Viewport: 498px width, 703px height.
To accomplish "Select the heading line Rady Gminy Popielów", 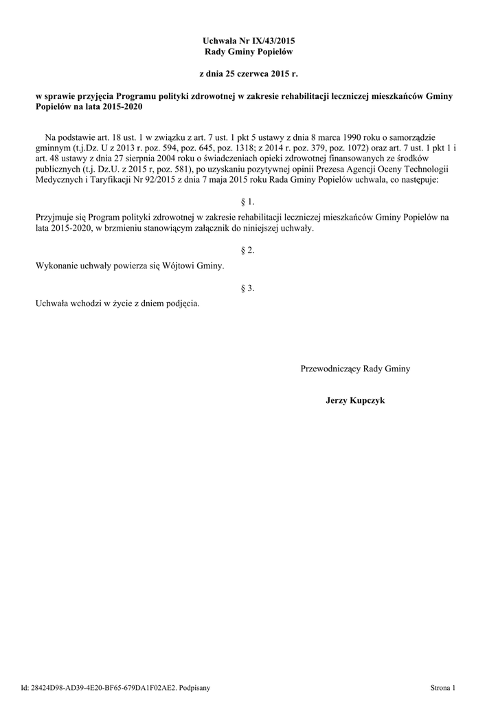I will [x=249, y=52].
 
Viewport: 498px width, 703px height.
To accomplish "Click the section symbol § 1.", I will [x=249, y=202].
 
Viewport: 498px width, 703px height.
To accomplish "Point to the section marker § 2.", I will [x=249, y=251].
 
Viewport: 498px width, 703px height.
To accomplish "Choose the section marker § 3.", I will [x=249, y=288].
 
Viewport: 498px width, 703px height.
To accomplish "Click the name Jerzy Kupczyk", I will [x=355, y=400].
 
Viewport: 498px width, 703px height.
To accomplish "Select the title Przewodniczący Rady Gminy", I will [x=355, y=369].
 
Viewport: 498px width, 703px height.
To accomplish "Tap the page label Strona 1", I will [x=442, y=687].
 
